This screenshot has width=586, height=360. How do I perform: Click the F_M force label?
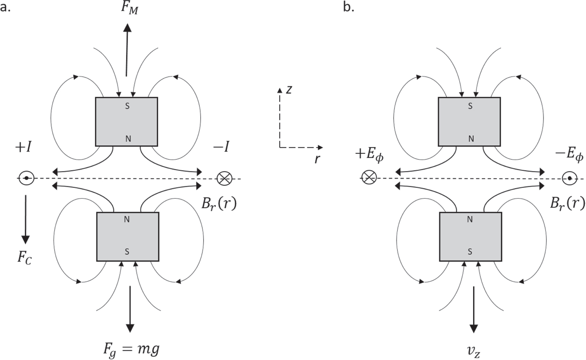pyautogui.click(x=129, y=8)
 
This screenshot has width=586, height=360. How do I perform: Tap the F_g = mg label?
pyautogui.click(x=131, y=349)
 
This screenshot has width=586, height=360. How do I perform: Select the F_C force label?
pyautogui.click(x=24, y=257)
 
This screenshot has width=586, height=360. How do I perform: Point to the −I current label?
pyautogui.click(x=221, y=147)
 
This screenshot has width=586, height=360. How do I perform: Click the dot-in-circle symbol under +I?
pyautogui.click(x=26, y=178)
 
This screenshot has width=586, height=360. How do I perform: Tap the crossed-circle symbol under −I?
pyautogui.click(x=224, y=178)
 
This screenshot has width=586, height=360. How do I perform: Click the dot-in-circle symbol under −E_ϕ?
pyautogui.click(x=569, y=178)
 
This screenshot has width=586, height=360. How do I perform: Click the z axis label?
pyautogui.click(x=289, y=89)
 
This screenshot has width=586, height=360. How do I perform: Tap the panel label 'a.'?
pyautogui.click(x=5, y=7)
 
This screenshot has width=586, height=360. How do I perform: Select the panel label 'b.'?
pyautogui.click(x=349, y=7)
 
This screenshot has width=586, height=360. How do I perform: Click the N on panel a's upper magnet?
pyautogui.click(x=128, y=139)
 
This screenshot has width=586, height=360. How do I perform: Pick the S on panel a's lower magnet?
pyautogui.click(x=127, y=252)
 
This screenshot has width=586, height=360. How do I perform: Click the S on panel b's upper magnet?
pyautogui.click(x=470, y=106)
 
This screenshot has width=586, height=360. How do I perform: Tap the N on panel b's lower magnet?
pyautogui.click(x=470, y=219)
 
